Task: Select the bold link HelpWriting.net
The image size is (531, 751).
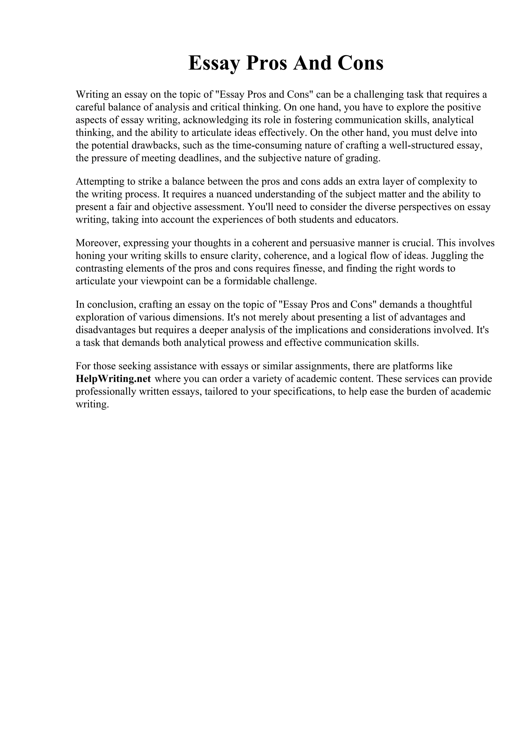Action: (x=113, y=379)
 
